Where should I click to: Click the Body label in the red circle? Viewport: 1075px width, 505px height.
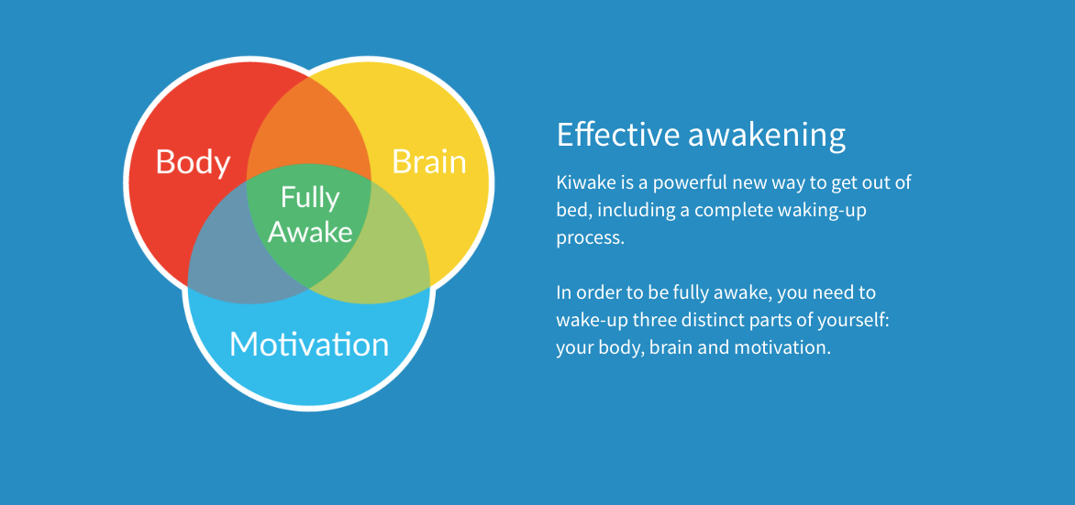[x=193, y=161]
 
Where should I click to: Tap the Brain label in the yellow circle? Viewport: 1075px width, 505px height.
[x=428, y=161]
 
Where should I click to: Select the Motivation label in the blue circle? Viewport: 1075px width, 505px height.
[x=309, y=345]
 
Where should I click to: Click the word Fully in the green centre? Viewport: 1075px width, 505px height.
[x=310, y=197]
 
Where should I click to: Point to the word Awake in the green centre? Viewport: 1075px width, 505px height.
[x=310, y=232]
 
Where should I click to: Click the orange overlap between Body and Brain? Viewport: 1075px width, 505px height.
[x=309, y=128]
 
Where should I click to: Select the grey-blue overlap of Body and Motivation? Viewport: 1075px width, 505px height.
[x=238, y=266]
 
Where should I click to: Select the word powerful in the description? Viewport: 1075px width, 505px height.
[x=689, y=182]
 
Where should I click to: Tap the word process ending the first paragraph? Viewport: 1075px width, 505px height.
[x=589, y=238]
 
